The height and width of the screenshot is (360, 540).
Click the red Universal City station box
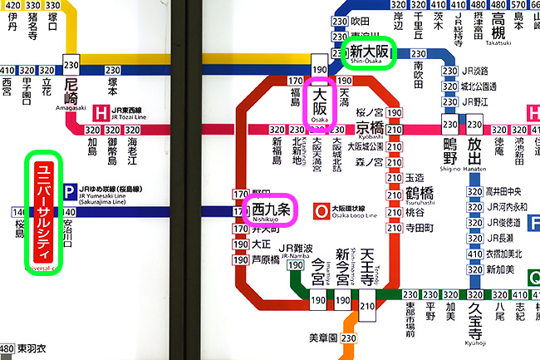[43, 213]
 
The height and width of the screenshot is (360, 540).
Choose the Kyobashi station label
[371, 130]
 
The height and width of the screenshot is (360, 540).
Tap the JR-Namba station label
[297, 251]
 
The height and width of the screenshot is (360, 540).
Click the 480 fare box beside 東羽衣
[7, 348]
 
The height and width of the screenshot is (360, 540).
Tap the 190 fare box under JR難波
[295, 266]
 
